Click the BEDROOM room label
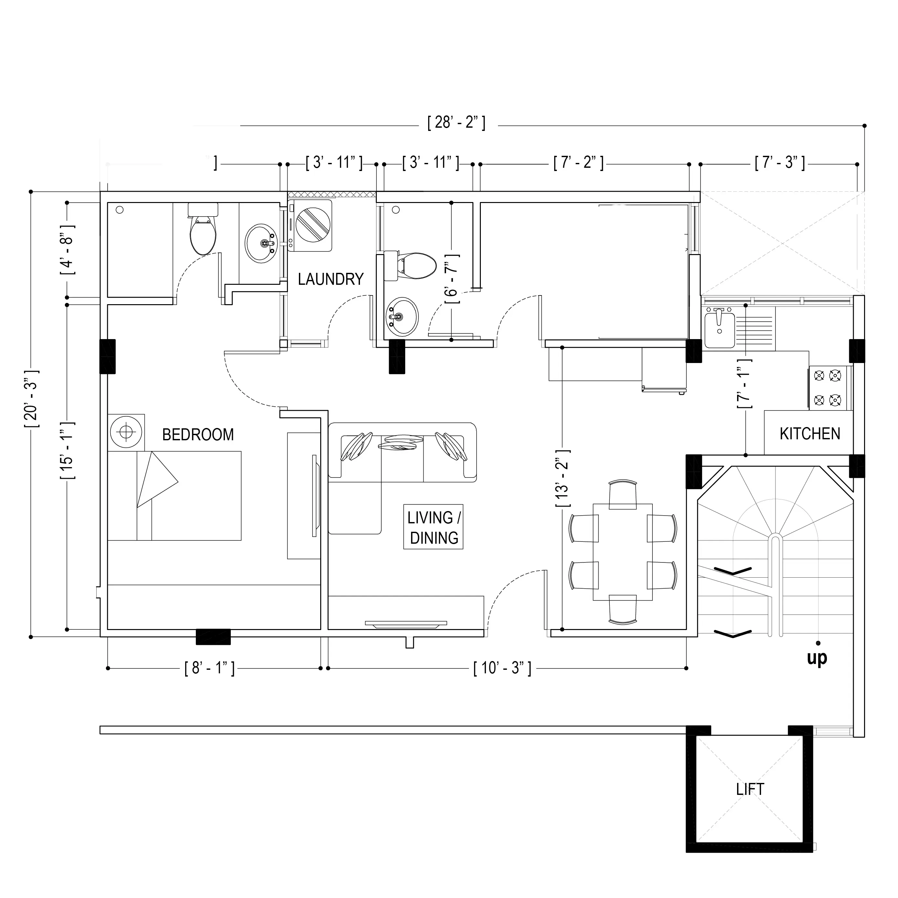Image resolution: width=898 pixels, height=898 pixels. pyautogui.click(x=198, y=435)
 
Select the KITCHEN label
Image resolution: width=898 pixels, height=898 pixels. pyautogui.click(x=810, y=434)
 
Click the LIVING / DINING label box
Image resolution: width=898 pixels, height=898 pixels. pyautogui.click(x=433, y=527)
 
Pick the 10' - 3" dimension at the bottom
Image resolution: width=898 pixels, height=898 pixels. pyautogui.click(x=502, y=668)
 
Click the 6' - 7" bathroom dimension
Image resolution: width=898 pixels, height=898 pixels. pyautogui.click(x=452, y=279)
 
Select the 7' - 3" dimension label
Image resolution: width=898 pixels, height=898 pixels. pyautogui.click(x=779, y=163)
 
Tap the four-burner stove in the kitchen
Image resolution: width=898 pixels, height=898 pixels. pyautogui.click(x=830, y=388)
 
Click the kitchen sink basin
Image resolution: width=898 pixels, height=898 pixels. pyautogui.click(x=719, y=329)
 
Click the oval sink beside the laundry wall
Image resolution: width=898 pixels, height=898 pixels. pyautogui.click(x=262, y=243)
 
